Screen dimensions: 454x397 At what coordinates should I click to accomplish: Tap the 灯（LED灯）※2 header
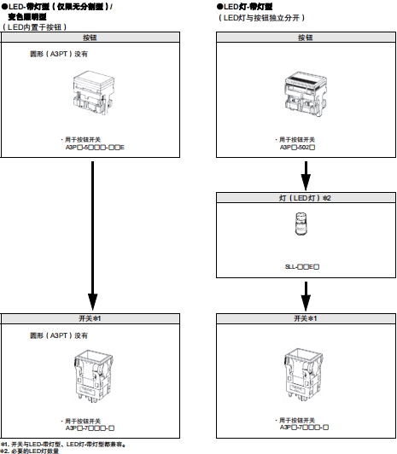click(x=305, y=198)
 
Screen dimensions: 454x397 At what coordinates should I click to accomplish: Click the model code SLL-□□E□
click(x=303, y=267)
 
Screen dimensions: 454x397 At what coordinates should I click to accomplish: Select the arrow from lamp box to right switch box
click(x=305, y=296)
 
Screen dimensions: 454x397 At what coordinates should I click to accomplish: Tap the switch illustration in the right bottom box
click(x=305, y=375)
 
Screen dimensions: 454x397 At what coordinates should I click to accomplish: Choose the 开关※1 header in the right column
click(x=305, y=318)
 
